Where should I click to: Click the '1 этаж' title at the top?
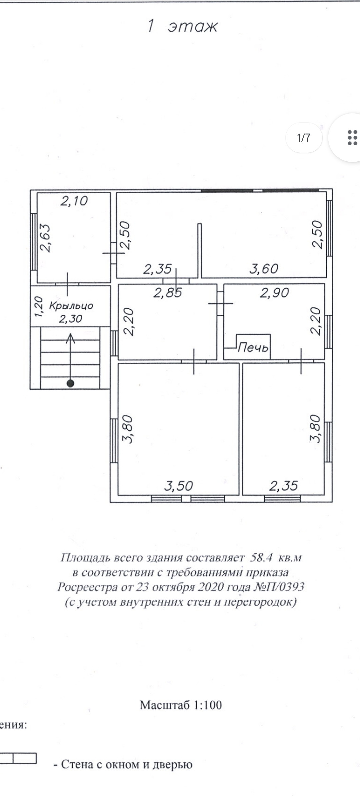click(182, 26)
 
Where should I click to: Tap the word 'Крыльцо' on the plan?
click(71, 306)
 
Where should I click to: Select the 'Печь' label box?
click(253, 347)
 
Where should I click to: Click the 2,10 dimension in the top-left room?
click(74, 201)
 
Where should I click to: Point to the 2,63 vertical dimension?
click(45, 238)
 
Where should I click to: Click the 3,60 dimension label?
click(264, 269)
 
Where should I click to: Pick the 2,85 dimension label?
click(168, 293)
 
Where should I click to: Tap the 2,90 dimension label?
click(274, 293)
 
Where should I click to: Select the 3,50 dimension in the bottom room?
click(179, 486)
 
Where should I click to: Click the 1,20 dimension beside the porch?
click(39, 306)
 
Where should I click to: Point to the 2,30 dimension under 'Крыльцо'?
click(70, 319)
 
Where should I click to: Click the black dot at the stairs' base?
click(70, 383)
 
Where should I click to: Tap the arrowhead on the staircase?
click(70, 338)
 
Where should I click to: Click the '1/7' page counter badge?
click(304, 138)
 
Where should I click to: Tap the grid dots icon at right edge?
click(352, 138)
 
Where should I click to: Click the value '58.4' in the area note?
click(261, 557)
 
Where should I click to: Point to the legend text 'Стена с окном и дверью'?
click(127, 764)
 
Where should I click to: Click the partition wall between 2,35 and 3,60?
click(199, 250)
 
